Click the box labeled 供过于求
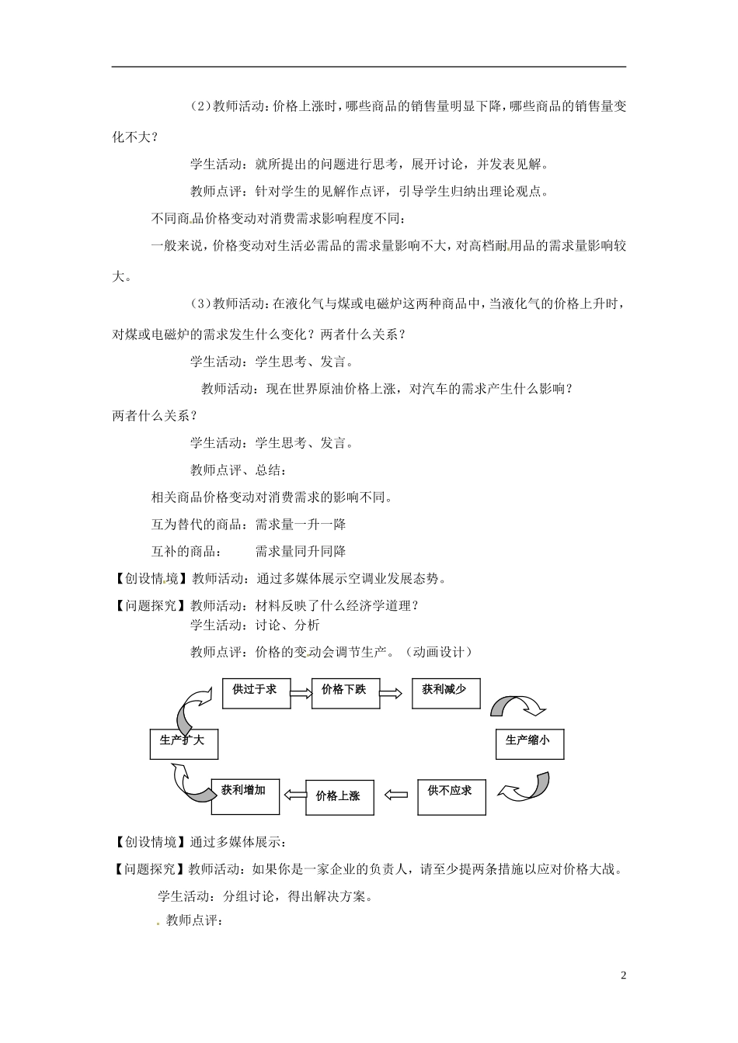(x=256, y=692)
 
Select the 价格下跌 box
(x=345, y=692)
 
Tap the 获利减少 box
(x=446, y=692)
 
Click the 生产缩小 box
(x=529, y=743)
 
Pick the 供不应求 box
(x=451, y=795)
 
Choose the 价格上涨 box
(x=339, y=797)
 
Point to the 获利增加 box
(x=245, y=795)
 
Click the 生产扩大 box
(x=184, y=743)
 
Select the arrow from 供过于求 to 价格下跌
(x=301, y=691)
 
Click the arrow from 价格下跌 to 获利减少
(x=395, y=691)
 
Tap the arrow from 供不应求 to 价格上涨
(x=396, y=794)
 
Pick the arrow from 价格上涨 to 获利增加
(x=293, y=794)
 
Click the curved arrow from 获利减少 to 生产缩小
(x=518, y=706)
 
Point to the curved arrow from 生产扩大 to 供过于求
(x=191, y=702)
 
